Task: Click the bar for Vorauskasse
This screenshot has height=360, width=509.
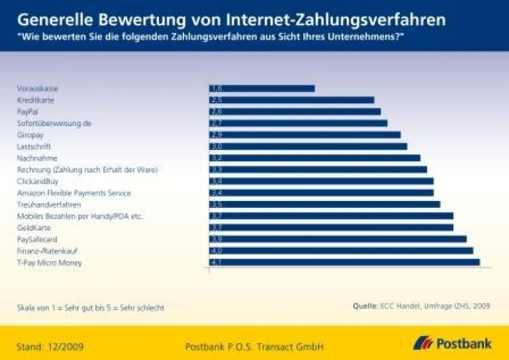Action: click(262, 89)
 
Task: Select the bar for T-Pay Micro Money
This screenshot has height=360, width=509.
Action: click(344, 262)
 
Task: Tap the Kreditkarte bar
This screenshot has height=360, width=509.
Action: click(291, 100)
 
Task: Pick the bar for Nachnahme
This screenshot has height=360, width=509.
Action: click(314, 158)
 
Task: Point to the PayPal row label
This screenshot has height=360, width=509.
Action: click(28, 112)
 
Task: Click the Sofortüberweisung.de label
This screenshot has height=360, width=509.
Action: click(54, 123)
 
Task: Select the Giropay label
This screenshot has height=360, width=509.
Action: click(30, 135)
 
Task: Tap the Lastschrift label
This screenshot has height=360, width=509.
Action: click(34, 147)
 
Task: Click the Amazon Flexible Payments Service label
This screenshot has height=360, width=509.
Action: click(74, 193)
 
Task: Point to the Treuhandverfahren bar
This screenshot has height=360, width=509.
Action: click(324, 204)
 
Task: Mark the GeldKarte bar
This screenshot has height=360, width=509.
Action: click(331, 227)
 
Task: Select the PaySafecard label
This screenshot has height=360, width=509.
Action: click(37, 240)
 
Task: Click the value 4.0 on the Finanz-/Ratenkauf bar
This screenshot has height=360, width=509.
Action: click(215, 251)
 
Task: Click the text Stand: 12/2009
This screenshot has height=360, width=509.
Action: click(50, 347)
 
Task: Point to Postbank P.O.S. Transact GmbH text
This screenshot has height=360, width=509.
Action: click(254, 347)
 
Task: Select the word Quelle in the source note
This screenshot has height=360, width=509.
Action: click(364, 306)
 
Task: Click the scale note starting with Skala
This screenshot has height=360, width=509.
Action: click(90, 308)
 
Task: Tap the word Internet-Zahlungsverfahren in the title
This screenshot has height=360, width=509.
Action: click(336, 20)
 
